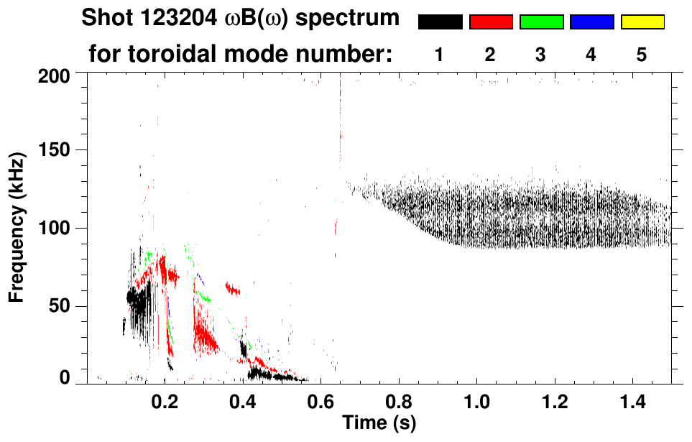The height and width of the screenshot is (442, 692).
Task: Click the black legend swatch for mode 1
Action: [x=440, y=22]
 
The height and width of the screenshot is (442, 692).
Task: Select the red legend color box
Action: [x=491, y=22]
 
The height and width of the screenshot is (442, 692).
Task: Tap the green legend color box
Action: [x=541, y=22]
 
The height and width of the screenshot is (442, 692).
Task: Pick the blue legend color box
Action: [x=591, y=22]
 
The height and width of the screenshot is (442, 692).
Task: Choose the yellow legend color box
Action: [x=642, y=22]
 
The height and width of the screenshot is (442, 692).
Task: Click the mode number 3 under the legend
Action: [x=540, y=55]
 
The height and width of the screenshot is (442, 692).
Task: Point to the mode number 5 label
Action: [x=642, y=55]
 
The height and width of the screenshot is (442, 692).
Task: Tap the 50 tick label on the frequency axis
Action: [x=62, y=306]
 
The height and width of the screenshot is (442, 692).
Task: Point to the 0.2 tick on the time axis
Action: [x=165, y=400]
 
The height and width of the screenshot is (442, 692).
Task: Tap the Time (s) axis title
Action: [x=378, y=422]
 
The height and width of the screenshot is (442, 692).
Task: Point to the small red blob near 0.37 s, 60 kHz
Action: [x=233, y=289]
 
